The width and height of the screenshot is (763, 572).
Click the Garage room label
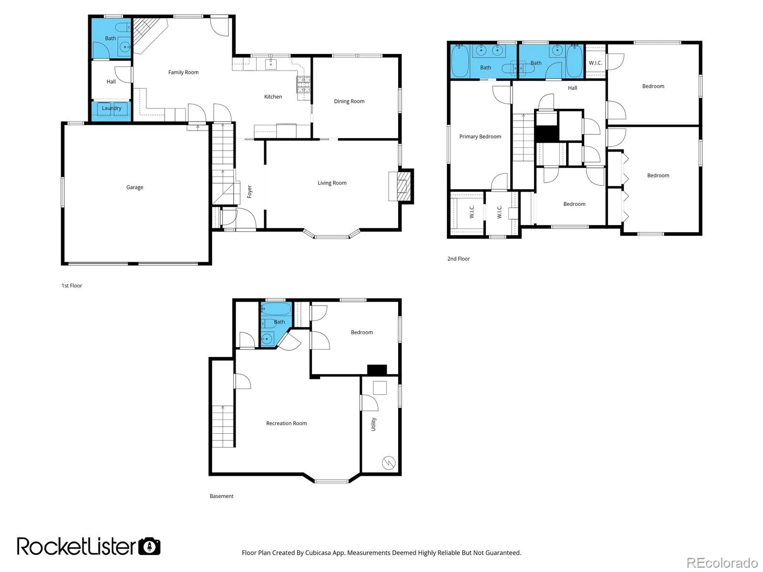click(x=134, y=187)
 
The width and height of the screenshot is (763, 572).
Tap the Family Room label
click(x=183, y=72)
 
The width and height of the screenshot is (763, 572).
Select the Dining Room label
click(x=349, y=101)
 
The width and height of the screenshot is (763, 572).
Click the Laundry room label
click(x=112, y=108)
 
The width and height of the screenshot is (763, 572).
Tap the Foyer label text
click(x=249, y=192)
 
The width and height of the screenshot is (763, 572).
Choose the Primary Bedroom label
click(x=480, y=136)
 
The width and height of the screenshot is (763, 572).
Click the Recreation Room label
click(x=286, y=423)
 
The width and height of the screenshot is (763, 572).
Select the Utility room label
click(x=373, y=424)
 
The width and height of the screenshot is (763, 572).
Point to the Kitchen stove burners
click(x=303, y=84)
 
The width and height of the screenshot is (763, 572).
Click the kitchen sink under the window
click(x=270, y=64)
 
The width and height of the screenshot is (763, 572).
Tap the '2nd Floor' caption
click(x=458, y=259)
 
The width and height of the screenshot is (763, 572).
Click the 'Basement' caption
click(x=221, y=496)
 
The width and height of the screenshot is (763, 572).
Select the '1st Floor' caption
click(x=72, y=286)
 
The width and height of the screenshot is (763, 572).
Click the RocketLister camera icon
click(x=149, y=546)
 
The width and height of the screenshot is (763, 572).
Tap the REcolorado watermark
click(x=722, y=562)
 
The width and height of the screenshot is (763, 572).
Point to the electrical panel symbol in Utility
click(x=388, y=463)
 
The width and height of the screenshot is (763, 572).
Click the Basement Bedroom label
click(x=361, y=332)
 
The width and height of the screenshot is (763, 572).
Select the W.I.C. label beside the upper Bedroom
click(x=595, y=63)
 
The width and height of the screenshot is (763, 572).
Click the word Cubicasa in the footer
click(x=318, y=552)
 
